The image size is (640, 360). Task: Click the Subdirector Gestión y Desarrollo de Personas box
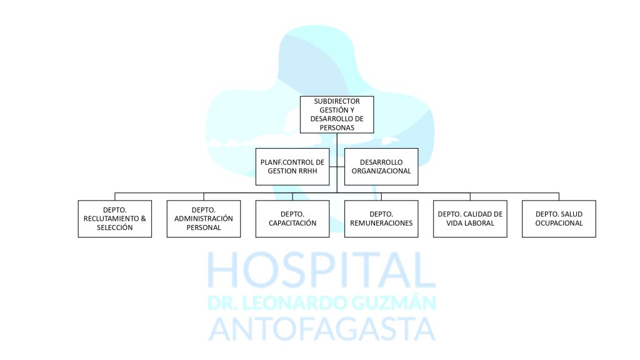pyautogui.click(x=337, y=115)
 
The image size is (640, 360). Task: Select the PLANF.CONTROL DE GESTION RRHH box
pyautogui.click(x=292, y=166)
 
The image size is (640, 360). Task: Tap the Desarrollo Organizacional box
pyautogui.click(x=381, y=166)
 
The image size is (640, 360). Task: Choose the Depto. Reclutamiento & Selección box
pyautogui.click(x=115, y=219)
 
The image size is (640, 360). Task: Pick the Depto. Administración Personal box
pyautogui.click(x=204, y=219)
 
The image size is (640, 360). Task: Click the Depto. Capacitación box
pyautogui.click(x=292, y=219)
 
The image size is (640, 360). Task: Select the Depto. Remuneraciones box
pyautogui.click(x=381, y=219)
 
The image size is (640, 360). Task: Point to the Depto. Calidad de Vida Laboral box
pyautogui.click(x=470, y=219)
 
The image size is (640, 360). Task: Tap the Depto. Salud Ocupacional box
pyautogui.click(x=559, y=219)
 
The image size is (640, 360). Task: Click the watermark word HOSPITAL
pyautogui.click(x=322, y=270)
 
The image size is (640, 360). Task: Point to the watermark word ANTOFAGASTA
pyautogui.click(x=322, y=329)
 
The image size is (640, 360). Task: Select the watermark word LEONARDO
pyautogui.click(x=294, y=303)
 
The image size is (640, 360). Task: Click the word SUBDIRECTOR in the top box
pyautogui.click(x=337, y=101)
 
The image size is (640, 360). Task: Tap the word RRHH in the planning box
pyautogui.click(x=307, y=171)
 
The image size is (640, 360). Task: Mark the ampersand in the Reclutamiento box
pyautogui.click(x=143, y=219)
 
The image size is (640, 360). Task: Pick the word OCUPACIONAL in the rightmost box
pyautogui.click(x=559, y=223)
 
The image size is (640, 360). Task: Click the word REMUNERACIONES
pyautogui.click(x=381, y=223)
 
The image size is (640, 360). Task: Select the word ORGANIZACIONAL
pyautogui.click(x=381, y=171)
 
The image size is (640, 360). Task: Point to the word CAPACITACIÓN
pyautogui.click(x=292, y=223)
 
